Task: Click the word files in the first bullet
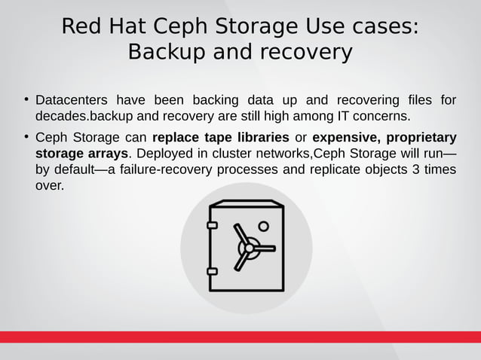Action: click(415, 101)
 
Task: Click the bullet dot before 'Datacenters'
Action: click(26, 99)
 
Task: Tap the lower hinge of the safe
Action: click(212, 270)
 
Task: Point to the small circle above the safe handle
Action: click(263, 226)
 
